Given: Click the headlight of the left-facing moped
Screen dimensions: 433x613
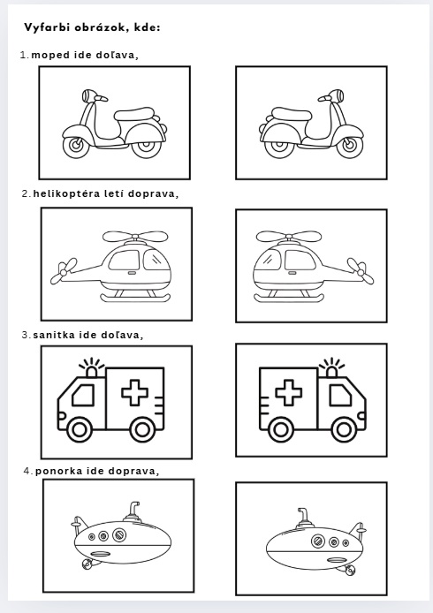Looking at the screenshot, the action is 87,95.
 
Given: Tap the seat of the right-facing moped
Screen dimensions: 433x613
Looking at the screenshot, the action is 292,114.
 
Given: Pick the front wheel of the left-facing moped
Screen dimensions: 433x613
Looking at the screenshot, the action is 75,147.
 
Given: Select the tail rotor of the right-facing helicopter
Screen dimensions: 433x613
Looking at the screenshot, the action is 61,270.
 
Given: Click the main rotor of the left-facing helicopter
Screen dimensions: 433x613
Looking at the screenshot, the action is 289,236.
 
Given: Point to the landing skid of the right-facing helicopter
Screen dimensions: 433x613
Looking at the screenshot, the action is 135,299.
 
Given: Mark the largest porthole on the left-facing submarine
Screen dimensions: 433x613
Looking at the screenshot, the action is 318,541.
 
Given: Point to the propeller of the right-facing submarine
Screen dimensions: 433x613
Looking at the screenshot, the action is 87,564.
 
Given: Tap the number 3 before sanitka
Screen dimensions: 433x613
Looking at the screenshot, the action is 25,335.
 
